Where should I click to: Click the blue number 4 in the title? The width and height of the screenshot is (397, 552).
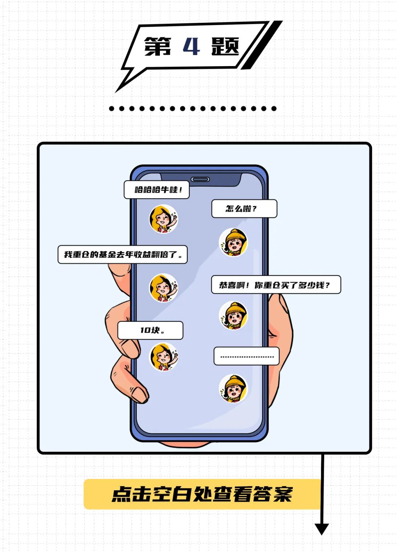point(191,46)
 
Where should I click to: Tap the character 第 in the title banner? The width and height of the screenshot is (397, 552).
point(158,47)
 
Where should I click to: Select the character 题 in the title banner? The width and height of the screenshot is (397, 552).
point(225,46)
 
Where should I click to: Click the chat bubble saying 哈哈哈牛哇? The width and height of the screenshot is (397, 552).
point(157,190)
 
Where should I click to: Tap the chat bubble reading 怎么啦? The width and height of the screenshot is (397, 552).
point(244,209)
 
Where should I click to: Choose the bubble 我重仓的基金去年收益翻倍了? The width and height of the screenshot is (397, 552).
point(122,255)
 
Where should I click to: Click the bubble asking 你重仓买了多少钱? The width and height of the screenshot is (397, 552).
point(276,285)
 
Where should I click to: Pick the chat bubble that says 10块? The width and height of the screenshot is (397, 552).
point(150,330)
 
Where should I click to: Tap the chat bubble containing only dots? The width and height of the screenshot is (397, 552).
point(247,356)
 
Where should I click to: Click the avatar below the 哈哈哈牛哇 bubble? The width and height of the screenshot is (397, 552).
point(163,219)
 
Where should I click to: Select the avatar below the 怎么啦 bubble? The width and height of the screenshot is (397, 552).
point(233,242)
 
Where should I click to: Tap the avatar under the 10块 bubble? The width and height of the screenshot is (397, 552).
point(163,357)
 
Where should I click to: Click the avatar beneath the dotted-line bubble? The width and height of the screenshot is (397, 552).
point(233,388)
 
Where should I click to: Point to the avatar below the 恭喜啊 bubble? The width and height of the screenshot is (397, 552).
point(233,315)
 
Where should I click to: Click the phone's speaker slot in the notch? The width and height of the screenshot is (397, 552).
point(200,179)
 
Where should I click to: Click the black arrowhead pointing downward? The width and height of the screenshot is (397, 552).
point(322,528)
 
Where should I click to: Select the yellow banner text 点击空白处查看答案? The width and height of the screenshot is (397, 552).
point(202,494)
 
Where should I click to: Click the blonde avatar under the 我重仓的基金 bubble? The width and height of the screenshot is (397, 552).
point(163,288)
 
